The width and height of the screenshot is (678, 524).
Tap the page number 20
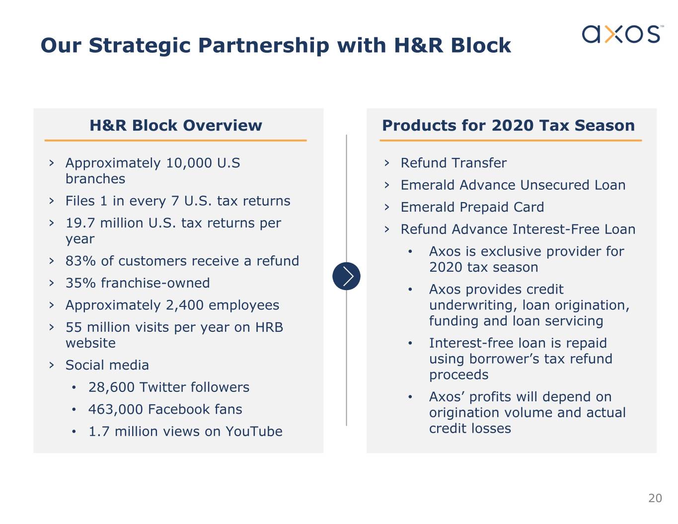click(x=655, y=498)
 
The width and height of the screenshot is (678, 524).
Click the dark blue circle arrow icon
click(x=346, y=276)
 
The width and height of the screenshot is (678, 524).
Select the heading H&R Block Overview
click(x=176, y=125)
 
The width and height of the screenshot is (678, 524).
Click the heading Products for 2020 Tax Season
click(x=509, y=125)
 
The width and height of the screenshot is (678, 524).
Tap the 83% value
click(x=80, y=261)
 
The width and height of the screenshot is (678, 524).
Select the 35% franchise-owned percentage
click(x=80, y=283)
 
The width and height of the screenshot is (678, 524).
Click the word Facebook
click(x=178, y=409)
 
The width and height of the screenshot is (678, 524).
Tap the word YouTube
click(x=254, y=431)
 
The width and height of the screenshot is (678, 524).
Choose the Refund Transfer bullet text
click(x=453, y=163)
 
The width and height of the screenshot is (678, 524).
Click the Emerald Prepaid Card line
click(x=472, y=207)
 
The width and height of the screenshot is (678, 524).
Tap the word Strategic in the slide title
click(x=140, y=46)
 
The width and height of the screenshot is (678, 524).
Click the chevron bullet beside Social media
click(x=52, y=365)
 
